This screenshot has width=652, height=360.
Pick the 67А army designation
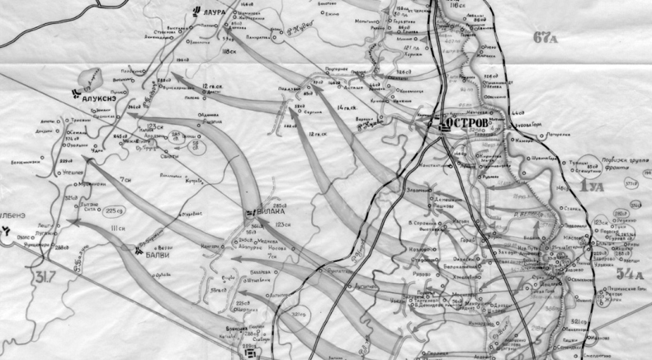click(x=546, y=37)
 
